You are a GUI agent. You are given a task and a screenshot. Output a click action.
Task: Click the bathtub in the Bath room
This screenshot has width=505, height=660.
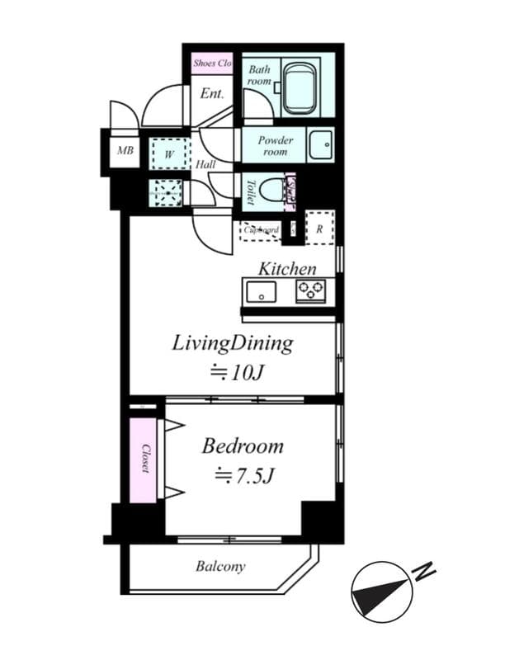[301, 85]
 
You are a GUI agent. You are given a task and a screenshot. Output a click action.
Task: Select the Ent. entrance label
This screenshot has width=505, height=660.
[212, 94]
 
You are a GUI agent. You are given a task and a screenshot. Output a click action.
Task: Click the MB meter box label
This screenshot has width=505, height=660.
[125, 151]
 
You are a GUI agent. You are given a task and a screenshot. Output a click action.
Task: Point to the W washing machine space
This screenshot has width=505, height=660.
[169, 153]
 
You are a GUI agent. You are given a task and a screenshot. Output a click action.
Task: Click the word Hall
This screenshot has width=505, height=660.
[206, 165]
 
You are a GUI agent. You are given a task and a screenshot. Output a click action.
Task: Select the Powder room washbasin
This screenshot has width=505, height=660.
[319, 145]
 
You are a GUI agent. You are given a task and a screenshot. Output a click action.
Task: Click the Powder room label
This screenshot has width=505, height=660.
[275, 146]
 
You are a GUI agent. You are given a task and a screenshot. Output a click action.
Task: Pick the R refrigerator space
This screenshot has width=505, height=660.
[319, 229]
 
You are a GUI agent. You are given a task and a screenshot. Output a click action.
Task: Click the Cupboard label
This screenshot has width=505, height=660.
[260, 230]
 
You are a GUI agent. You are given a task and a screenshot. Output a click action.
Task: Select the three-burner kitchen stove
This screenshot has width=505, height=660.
[311, 290]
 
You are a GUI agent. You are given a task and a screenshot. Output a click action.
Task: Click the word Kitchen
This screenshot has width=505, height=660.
[286, 269]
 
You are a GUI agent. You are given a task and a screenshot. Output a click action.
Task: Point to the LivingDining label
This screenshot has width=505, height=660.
[233, 343]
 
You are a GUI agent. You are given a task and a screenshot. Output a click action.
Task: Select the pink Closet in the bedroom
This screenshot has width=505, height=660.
[144, 459]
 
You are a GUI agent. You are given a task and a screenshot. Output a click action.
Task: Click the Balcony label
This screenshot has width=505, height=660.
[220, 567]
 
